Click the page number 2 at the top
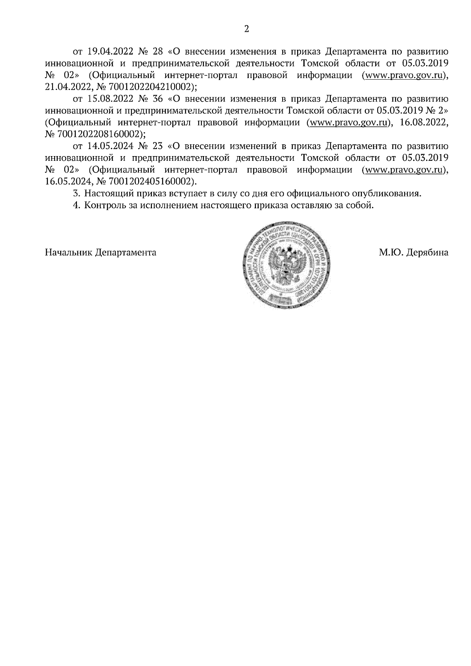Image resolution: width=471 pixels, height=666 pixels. click(246, 29)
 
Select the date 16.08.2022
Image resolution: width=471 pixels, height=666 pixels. click(424, 123)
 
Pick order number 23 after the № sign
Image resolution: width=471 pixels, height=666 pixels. click(157, 146)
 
